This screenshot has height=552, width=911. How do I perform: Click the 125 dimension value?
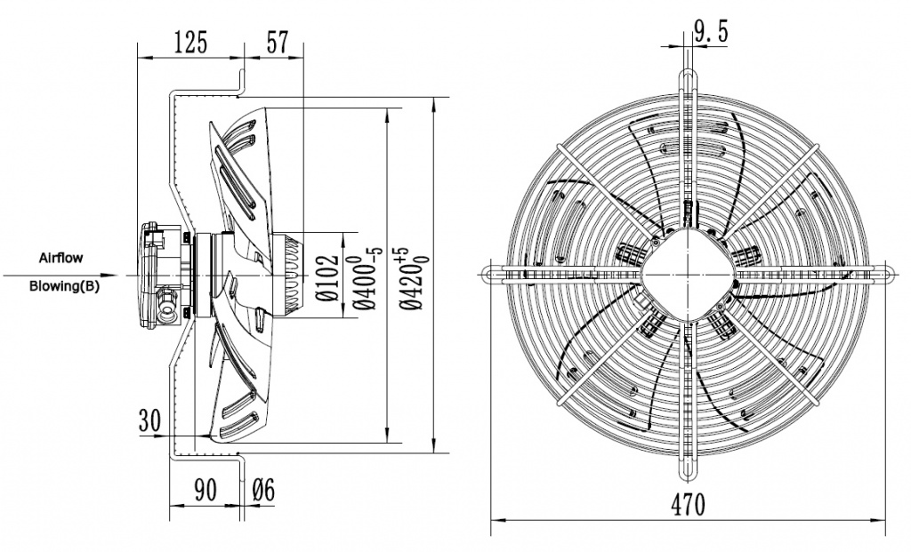[x=189, y=42]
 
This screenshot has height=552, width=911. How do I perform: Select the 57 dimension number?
[x=277, y=42]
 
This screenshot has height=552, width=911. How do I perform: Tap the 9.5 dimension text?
[x=711, y=33]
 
